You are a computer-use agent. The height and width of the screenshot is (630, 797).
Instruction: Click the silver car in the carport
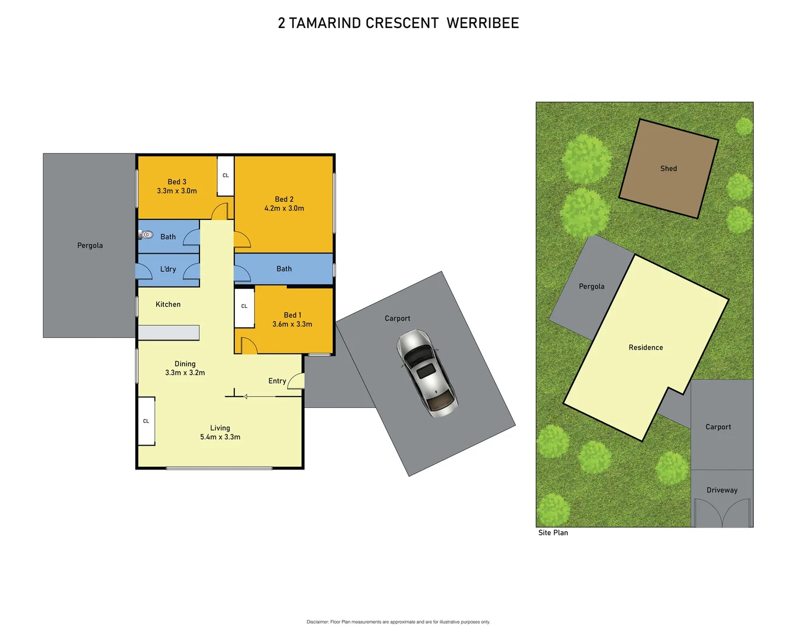click(x=427, y=373)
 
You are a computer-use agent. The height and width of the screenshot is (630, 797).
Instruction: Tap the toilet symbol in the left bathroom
click(x=146, y=235)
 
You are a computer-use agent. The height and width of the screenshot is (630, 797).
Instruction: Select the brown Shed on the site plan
click(x=668, y=169)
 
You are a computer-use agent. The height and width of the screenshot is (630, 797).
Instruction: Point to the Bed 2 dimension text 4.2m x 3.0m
click(x=284, y=208)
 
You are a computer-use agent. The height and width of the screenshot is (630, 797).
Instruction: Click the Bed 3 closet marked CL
click(x=226, y=176)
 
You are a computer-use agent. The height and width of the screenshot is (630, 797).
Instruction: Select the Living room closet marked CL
click(x=146, y=421)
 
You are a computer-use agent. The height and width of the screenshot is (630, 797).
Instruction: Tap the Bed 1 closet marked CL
click(x=244, y=306)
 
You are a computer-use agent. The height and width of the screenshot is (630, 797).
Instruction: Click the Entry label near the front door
click(x=277, y=381)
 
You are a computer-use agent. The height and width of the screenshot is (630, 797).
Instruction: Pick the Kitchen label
click(x=168, y=304)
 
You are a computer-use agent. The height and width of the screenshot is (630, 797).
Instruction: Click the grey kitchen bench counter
click(x=168, y=332)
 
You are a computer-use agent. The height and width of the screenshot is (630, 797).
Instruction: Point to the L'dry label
click(x=168, y=269)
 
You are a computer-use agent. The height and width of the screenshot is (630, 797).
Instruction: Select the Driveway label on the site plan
click(x=722, y=490)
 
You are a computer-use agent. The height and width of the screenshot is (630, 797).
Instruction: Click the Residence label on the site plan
click(x=645, y=348)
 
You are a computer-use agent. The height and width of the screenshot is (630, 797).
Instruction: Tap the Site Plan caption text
click(x=553, y=533)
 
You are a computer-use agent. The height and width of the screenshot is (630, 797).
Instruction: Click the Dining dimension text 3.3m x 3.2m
click(x=185, y=373)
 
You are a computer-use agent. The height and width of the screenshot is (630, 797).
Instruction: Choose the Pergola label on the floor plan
click(x=90, y=246)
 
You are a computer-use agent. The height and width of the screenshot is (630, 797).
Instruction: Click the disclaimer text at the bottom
click(x=398, y=622)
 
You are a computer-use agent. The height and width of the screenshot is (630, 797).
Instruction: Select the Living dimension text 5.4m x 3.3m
click(x=220, y=437)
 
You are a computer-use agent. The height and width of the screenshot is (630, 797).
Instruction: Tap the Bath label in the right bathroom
click(x=284, y=269)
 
